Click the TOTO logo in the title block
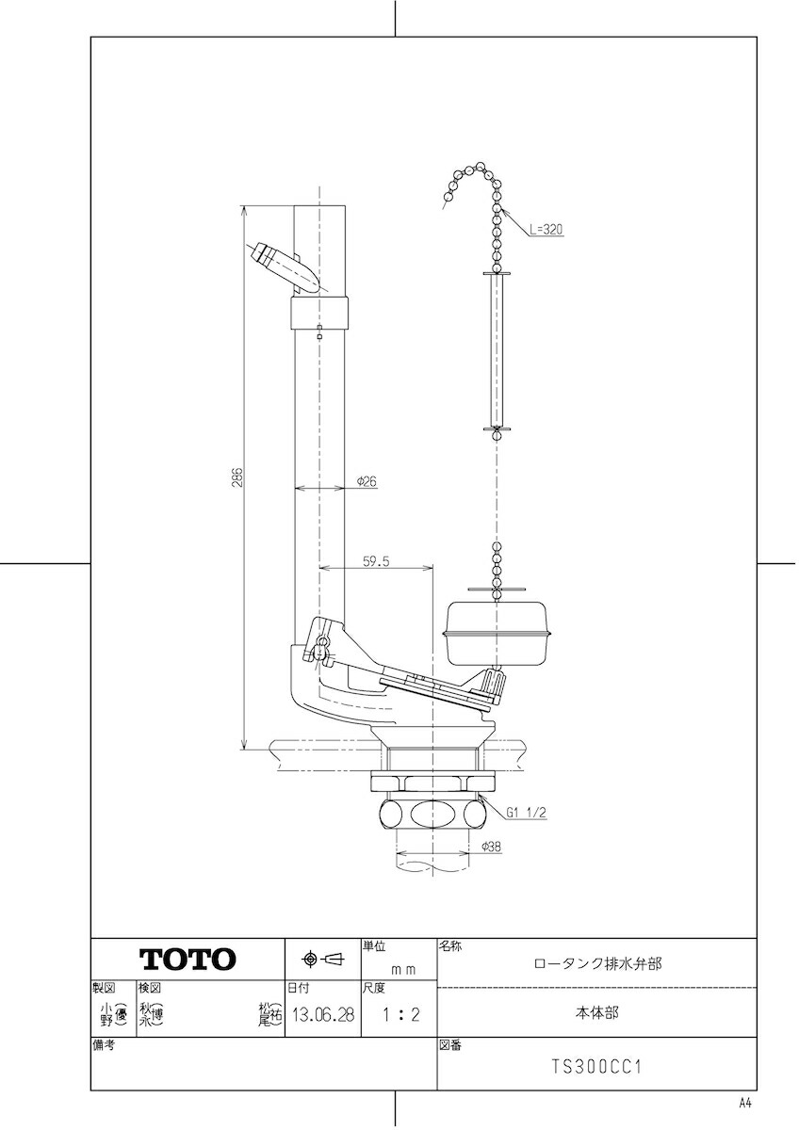(188, 960)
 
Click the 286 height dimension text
(237, 477)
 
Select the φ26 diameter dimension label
(367, 480)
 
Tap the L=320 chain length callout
(546, 229)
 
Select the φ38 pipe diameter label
(491, 847)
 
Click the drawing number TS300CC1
(596, 1068)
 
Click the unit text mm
(403, 967)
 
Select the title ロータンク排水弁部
(596, 963)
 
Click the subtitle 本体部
(596, 1013)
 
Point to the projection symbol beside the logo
(323, 960)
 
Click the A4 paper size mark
(745, 1103)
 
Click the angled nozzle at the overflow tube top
(283, 266)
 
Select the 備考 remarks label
(104, 1045)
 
